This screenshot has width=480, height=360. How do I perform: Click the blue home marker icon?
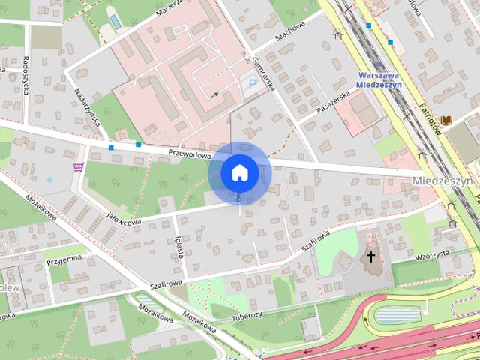tap(239, 172)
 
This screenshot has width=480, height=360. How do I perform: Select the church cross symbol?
tap(370, 257)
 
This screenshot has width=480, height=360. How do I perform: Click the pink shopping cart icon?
tap(78, 167)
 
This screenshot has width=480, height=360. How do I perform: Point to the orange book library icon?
tap(447, 119)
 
